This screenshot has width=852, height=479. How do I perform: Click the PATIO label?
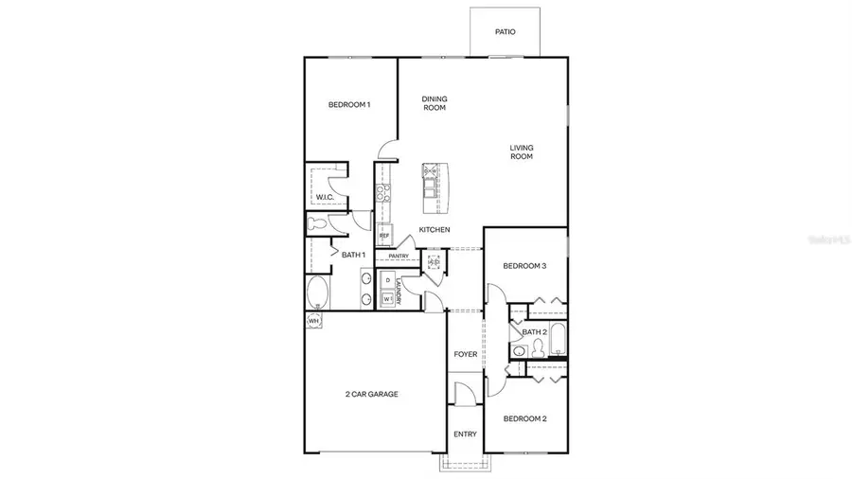pos(506,31)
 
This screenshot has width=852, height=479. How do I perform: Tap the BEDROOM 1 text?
pos(349,104)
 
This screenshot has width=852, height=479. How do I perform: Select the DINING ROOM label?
pos(435,103)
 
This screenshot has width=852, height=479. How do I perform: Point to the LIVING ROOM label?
pos(522,151)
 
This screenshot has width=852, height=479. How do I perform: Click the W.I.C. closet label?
pos(325,197)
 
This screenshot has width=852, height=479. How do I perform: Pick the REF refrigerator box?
pos(384,235)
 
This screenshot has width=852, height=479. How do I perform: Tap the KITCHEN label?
pos(435,230)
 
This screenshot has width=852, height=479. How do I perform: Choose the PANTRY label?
pos(398,256)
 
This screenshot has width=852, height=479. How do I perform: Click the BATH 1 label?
pos(354,255)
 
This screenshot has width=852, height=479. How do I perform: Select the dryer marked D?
pos(387,281)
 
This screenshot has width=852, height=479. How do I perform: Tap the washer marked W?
pos(387,298)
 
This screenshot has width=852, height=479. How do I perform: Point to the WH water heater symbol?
pos(313,321)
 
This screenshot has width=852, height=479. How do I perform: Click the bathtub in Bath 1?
pos(318,292)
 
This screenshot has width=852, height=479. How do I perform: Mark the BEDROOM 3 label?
pos(524,266)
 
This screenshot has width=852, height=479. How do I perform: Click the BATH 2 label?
pos(534,332)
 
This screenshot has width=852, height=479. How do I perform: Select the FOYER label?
pos(465,355)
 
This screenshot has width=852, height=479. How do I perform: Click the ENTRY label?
pos(465,435)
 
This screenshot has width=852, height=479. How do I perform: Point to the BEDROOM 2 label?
pos(524,418)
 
